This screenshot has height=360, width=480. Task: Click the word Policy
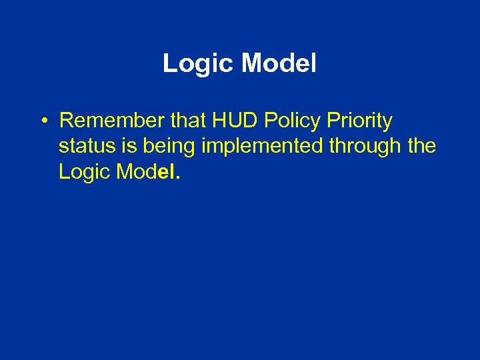click(x=291, y=122)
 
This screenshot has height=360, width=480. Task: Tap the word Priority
click(x=360, y=122)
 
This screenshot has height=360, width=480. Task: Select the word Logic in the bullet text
click(x=82, y=172)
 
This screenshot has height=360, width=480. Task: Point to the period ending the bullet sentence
click(x=177, y=178)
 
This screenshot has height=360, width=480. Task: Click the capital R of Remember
click(x=65, y=121)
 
